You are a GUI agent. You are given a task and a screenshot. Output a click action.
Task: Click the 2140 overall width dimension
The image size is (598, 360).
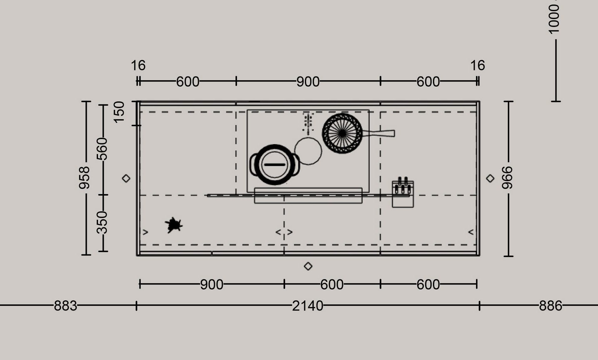click(x=307, y=306)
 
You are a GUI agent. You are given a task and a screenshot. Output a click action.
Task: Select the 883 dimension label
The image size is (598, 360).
click(x=65, y=306)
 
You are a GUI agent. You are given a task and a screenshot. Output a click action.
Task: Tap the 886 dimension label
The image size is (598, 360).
click(x=550, y=306)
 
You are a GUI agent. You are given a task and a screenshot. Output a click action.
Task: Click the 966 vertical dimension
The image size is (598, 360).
click(x=508, y=178)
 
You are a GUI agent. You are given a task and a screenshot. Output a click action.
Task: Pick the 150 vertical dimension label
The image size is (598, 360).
click(x=119, y=112)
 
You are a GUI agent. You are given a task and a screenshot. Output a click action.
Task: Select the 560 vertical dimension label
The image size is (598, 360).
click(x=102, y=149)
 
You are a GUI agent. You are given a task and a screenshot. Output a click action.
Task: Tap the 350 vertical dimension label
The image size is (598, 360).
click(x=102, y=223)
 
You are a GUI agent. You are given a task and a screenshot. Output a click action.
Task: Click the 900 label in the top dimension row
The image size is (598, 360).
click(x=308, y=82)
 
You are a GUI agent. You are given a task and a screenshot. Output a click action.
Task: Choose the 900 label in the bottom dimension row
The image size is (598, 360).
click(x=212, y=285)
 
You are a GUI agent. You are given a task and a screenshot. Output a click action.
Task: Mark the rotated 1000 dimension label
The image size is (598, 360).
click(x=554, y=19)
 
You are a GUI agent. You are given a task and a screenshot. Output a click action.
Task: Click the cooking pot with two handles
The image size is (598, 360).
click(x=275, y=165)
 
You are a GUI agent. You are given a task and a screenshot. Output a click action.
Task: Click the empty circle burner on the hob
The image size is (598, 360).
click(x=308, y=151)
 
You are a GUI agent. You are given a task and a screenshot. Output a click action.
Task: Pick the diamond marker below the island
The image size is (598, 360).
click(x=308, y=266)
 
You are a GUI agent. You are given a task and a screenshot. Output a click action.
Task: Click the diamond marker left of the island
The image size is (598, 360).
click(x=126, y=178)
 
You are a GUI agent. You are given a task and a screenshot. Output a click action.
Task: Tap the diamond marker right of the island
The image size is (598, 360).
click(x=490, y=178)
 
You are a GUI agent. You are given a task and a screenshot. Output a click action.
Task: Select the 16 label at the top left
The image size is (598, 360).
click(x=138, y=65)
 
